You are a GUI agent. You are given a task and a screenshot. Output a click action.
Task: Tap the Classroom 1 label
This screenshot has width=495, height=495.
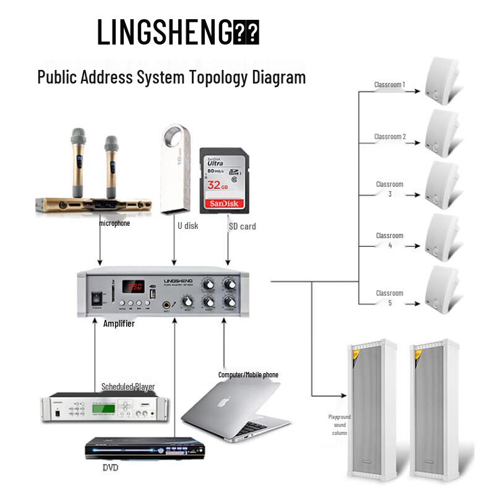click(390, 84)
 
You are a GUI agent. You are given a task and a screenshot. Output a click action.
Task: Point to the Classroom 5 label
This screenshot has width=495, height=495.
click(389, 298)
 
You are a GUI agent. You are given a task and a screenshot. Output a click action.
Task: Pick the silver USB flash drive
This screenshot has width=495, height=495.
click(175, 169)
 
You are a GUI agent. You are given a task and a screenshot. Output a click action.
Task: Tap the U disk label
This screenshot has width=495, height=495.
click(187, 226)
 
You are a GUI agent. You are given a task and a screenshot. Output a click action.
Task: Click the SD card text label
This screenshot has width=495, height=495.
click(242, 226)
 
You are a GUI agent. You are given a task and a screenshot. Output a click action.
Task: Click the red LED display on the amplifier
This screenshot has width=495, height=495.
click(134, 286)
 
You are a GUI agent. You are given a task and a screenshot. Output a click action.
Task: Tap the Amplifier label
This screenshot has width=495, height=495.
click(119, 324)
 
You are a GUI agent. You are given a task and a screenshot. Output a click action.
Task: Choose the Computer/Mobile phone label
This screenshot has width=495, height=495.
click(248, 375)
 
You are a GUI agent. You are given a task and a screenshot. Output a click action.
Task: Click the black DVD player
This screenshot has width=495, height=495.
click(135, 447)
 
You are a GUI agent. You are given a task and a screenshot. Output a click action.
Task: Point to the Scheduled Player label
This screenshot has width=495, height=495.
click(127, 387)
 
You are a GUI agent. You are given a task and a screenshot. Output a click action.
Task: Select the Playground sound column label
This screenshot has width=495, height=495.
click(339, 424)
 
